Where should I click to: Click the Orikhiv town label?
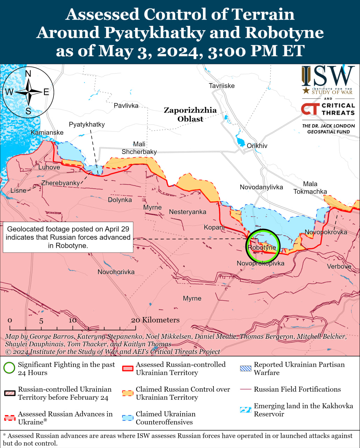tap(257, 146)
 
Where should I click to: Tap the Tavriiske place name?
tap(221, 86)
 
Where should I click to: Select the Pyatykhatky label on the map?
tap(87, 125)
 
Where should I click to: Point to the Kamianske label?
tap(47, 132)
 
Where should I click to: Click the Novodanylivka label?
tap(261, 187)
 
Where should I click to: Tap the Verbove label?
tap(339, 266)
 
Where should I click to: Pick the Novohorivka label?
tap(116, 272)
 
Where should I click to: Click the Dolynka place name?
tap(120, 200)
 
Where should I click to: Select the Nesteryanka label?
tap(188, 212)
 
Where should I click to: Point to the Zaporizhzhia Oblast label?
tap(190, 114)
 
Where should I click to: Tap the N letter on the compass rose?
tap(28, 73)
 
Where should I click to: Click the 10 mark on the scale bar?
tap(72, 321)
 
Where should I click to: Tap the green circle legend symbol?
tap(9, 368)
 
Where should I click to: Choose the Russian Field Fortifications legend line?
tap(246, 389)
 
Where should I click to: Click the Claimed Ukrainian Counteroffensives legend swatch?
tap(128, 418)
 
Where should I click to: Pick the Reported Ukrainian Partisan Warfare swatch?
tap(246, 368)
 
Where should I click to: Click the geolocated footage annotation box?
tap(68, 237)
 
